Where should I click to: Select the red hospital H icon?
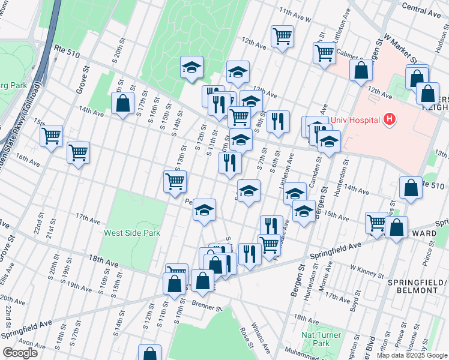point(390,119)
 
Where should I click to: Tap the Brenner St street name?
point(207,307)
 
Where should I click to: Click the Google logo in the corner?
point(20,353)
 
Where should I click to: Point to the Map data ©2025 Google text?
point(412,355)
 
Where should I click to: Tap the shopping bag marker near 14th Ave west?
point(123,103)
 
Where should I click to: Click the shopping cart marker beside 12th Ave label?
point(282,35)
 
